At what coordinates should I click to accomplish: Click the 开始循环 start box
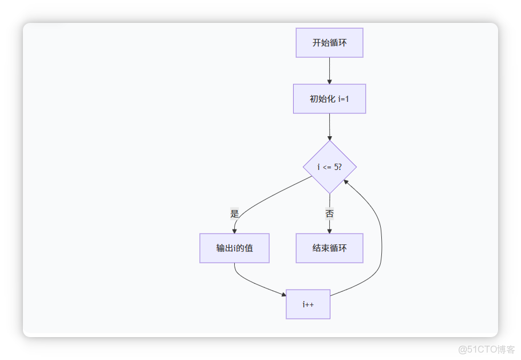click(329, 43)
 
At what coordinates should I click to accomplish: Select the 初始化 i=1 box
click(329, 99)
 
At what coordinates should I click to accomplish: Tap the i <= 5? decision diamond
click(329, 167)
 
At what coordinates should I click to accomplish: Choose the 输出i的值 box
click(234, 248)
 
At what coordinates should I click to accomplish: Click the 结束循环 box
click(329, 248)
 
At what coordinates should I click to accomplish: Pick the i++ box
click(308, 304)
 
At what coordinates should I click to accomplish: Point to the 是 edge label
click(234, 214)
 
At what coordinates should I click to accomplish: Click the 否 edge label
click(329, 214)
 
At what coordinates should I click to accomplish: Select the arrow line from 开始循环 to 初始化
click(329, 69)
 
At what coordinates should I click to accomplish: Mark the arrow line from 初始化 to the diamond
click(329, 126)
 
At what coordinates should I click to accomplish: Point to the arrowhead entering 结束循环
click(329, 231)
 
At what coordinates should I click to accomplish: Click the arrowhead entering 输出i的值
click(234, 231)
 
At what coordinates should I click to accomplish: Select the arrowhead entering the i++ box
click(283, 295)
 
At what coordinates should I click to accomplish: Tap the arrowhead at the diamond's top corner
click(329, 138)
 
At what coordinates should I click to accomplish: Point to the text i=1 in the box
click(342, 99)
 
